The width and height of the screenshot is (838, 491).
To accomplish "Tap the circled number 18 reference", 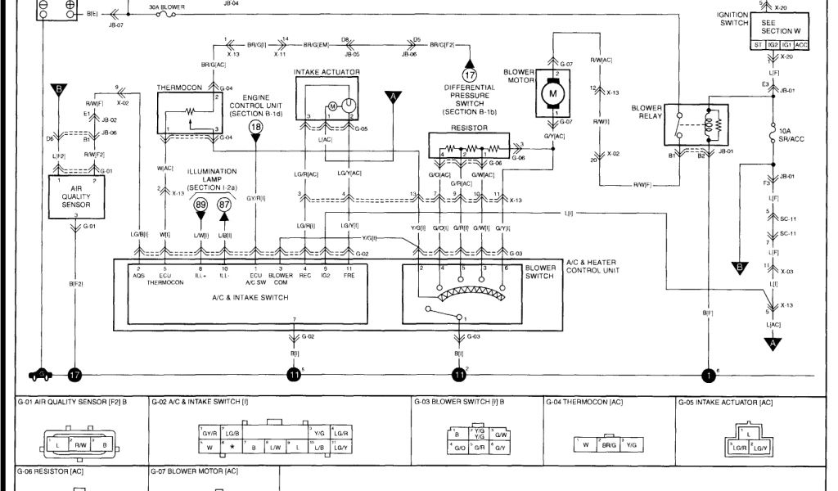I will click(256, 127).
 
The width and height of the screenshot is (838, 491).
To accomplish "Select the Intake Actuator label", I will click(326, 72).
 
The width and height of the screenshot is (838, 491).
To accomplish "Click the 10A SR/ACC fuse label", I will click(790, 136).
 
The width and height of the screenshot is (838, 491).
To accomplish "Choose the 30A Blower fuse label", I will click(165, 6).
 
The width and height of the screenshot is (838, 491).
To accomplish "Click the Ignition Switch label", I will click(732, 19).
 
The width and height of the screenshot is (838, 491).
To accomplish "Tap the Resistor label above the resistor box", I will click(463, 128).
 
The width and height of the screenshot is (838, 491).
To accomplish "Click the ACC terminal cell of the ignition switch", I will click(801, 44).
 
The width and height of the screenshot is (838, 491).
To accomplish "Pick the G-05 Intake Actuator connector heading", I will click(725, 402).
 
